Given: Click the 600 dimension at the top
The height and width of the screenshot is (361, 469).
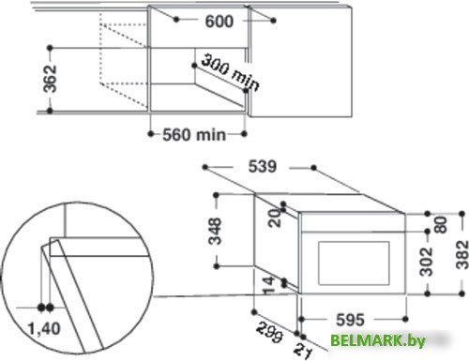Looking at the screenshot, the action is click(219, 22).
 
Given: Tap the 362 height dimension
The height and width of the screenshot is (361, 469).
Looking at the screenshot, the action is click(50, 79).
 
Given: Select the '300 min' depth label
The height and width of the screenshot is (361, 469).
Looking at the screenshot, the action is click(230, 72).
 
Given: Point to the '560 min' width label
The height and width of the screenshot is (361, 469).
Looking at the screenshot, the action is click(194, 135).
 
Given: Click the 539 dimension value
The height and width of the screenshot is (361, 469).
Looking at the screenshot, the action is click(263, 166).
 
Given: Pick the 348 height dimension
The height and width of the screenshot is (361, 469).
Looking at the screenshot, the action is click(216, 231).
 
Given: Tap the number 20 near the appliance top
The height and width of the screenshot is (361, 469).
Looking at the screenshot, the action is click(275, 218).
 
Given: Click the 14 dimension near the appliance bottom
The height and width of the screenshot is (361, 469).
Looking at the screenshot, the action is click(268, 286).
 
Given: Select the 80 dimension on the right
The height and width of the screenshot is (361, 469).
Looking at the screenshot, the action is click(441, 225).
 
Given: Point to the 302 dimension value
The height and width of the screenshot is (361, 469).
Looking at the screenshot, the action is click(426, 262).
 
